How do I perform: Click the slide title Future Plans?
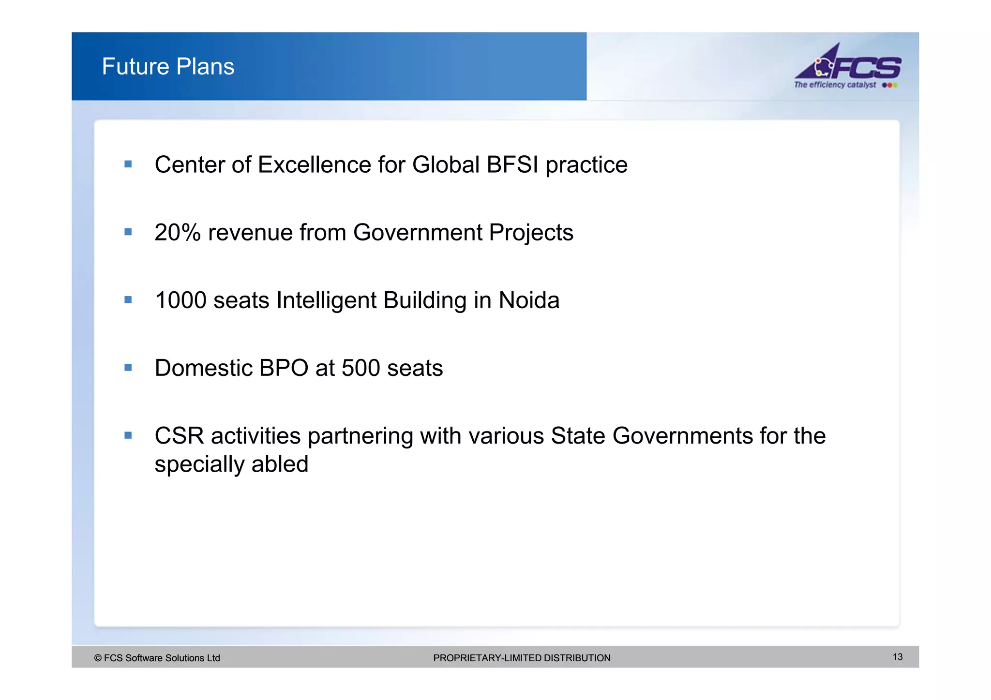click(x=168, y=66)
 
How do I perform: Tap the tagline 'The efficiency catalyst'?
click(x=835, y=85)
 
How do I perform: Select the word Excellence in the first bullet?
click(x=314, y=165)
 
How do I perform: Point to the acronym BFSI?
click(x=512, y=165)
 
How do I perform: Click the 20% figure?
click(x=177, y=233)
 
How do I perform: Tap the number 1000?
click(x=180, y=300)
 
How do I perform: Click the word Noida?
click(x=529, y=300)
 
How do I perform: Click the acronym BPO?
click(x=284, y=368)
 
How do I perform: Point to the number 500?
click(x=360, y=368)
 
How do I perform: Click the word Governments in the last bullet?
click(x=682, y=436)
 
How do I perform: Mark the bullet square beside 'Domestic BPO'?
click(x=128, y=368)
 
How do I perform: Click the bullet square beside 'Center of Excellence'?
click(x=128, y=164)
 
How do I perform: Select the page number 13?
click(x=898, y=657)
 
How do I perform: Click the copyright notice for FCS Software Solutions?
click(x=157, y=658)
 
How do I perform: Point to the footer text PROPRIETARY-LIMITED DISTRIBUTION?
click(x=522, y=658)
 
